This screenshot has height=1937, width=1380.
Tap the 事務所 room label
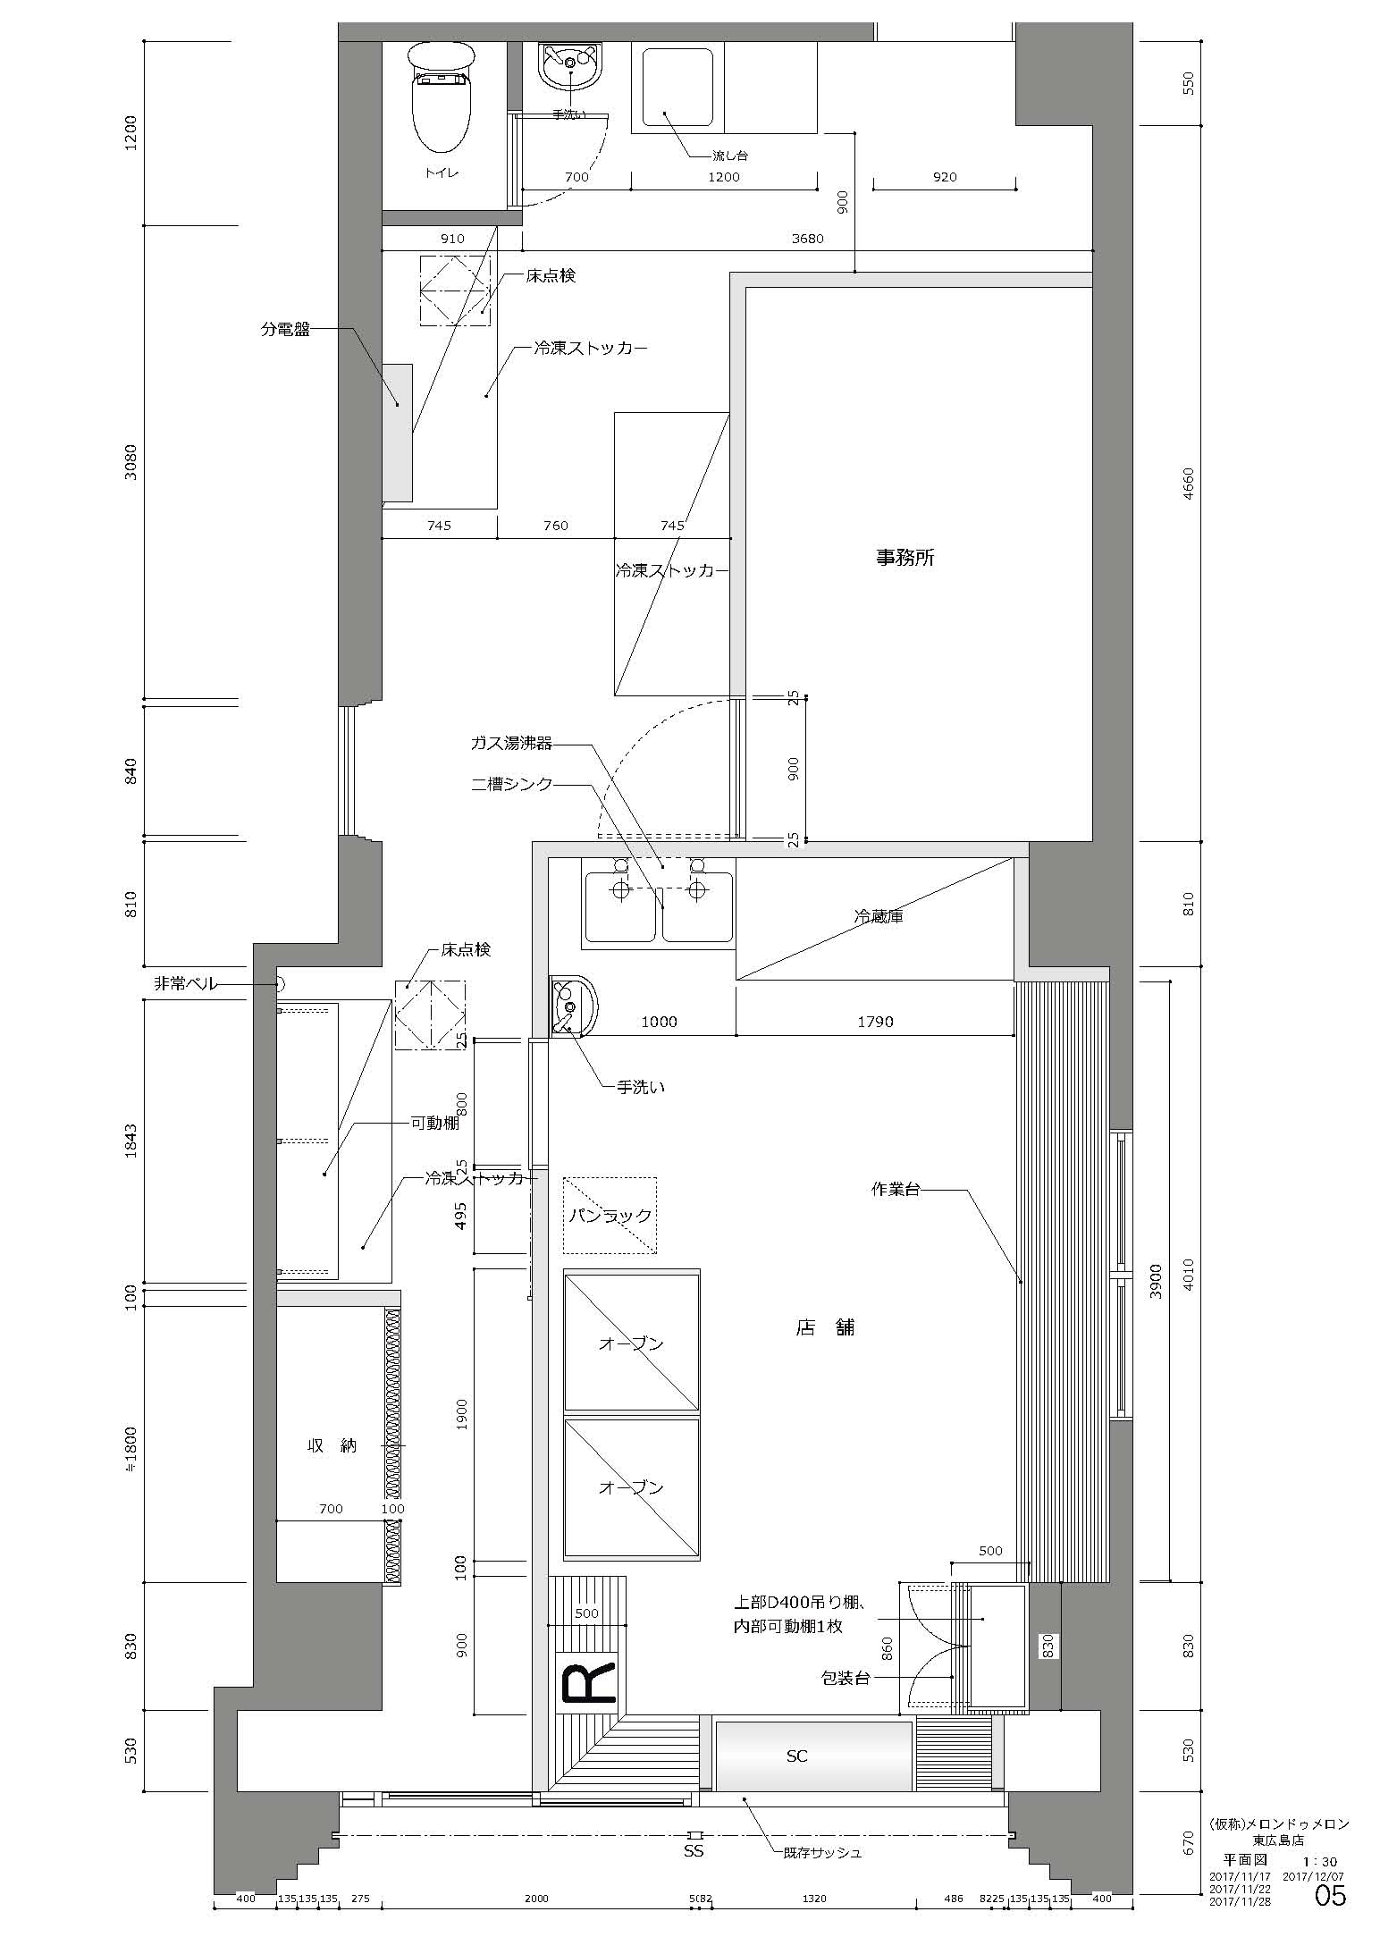pos(905,558)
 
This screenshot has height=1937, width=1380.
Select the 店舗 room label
pos(825,1327)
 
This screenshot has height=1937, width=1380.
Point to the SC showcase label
pos(796,1756)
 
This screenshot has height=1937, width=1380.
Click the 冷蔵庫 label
pos(878,916)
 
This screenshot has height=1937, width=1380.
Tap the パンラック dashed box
pos(610,1216)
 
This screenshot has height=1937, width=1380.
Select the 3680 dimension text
pos(807,239)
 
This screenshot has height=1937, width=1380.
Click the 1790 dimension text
pos(875,1022)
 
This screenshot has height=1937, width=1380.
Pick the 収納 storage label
pos(332,1445)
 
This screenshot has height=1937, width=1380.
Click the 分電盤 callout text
pos(285,329)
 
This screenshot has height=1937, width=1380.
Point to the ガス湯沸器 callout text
pos(511,743)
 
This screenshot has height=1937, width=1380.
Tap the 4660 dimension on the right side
pos(1188,484)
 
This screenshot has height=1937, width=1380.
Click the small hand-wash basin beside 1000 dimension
pos(572,1006)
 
